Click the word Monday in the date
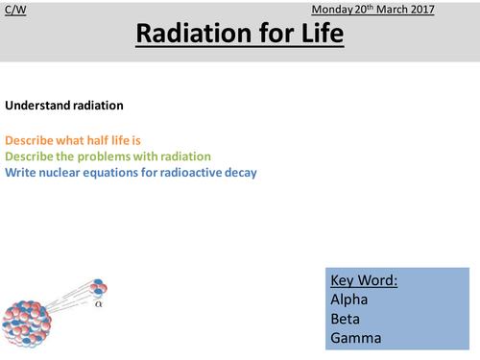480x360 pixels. click(334, 10)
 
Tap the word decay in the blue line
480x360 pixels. click(239, 172)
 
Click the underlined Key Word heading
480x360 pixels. click(364, 281)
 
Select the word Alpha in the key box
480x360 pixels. click(350, 299)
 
